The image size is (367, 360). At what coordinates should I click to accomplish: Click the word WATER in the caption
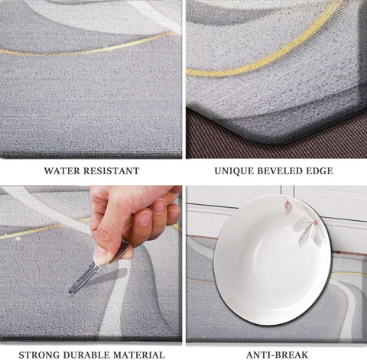[63, 170]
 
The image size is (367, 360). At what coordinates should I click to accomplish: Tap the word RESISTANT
[112, 170]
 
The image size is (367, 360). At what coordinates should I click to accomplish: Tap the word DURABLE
[87, 355]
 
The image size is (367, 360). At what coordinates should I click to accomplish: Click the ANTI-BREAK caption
[277, 355]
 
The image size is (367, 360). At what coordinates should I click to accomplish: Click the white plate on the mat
[272, 260]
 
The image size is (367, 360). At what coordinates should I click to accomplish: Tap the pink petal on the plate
[288, 207]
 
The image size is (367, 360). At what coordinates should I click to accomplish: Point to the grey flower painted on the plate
[308, 230]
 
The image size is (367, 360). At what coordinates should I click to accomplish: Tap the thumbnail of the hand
[100, 255]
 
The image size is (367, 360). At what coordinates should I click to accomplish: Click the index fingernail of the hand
[145, 219]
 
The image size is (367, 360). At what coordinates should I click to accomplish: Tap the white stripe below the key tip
[115, 300]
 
